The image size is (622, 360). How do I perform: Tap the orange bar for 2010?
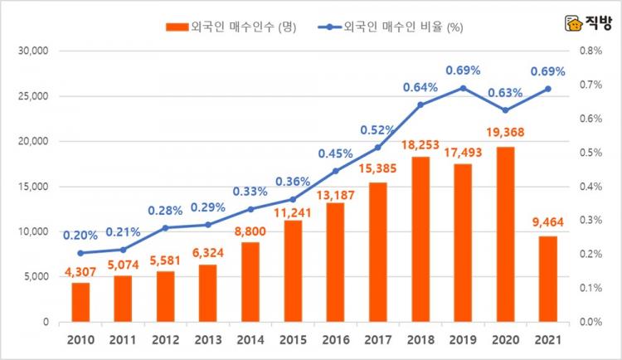80,302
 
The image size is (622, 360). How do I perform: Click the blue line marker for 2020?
505,110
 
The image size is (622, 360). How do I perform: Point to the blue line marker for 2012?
166,227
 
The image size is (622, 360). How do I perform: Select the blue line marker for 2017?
377,148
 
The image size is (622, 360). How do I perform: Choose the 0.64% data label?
420,86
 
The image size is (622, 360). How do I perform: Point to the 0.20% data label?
80,235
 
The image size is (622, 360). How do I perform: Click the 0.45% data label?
335,153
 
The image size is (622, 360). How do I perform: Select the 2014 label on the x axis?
250,339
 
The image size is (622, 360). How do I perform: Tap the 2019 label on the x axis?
463,339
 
